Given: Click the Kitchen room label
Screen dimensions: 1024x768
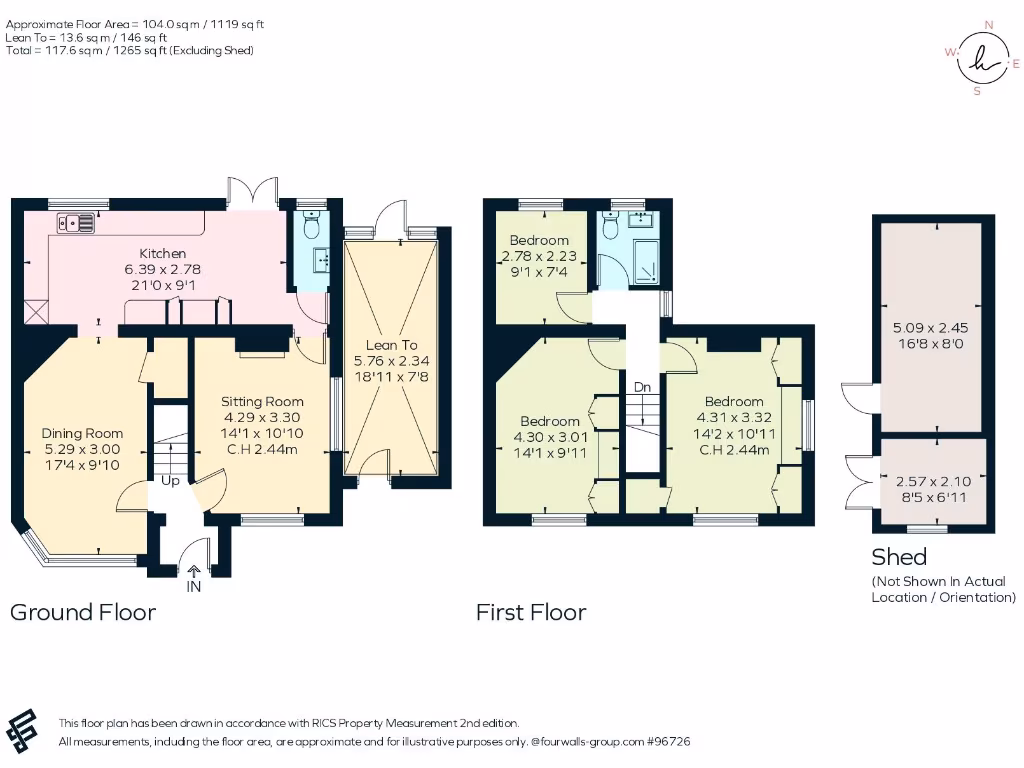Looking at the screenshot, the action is pyautogui.click(x=163, y=253).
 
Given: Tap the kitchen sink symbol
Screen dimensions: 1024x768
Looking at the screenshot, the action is pyautogui.click(x=76, y=223).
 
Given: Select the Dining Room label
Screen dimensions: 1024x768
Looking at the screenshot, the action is pyautogui.click(x=82, y=433).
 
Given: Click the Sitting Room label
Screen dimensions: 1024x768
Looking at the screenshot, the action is pyautogui.click(x=262, y=402).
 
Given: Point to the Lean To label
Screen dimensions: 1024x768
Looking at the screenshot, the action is pyautogui.click(x=391, y=345).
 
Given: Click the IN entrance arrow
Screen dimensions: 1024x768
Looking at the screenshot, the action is pyautogui.click(x=194, y=571).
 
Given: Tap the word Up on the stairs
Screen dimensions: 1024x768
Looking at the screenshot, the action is pyautogui.click(x=170, y=481).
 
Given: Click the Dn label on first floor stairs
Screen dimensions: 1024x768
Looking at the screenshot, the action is pyautogui.click(x=643, y=387).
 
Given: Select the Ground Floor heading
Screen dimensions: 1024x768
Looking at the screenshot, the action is pyautogui.click(x=83, y=613).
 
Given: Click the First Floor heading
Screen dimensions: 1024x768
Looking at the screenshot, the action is pyautogui.click(x=531, y=613).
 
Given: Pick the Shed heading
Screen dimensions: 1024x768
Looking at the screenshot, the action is pyautogui.click(x=899, y=557).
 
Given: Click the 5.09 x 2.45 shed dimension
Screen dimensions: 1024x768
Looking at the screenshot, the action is pyautogui.click(x=931, y=328).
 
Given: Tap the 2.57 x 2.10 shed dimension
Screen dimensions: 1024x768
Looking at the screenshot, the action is pyautogui.click(x=933, y=481).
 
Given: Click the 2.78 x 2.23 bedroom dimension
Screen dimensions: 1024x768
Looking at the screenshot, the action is pyautogui.click(x=539, y=256).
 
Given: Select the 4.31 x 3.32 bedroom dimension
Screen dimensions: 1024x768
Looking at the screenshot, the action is pyautogui.click(x=734, y=417).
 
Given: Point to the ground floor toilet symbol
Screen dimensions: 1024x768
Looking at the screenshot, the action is pyautogui.click(x=312, y=224).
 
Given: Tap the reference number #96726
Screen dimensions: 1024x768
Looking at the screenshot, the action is pyautogui.click(x=668, y=742).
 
